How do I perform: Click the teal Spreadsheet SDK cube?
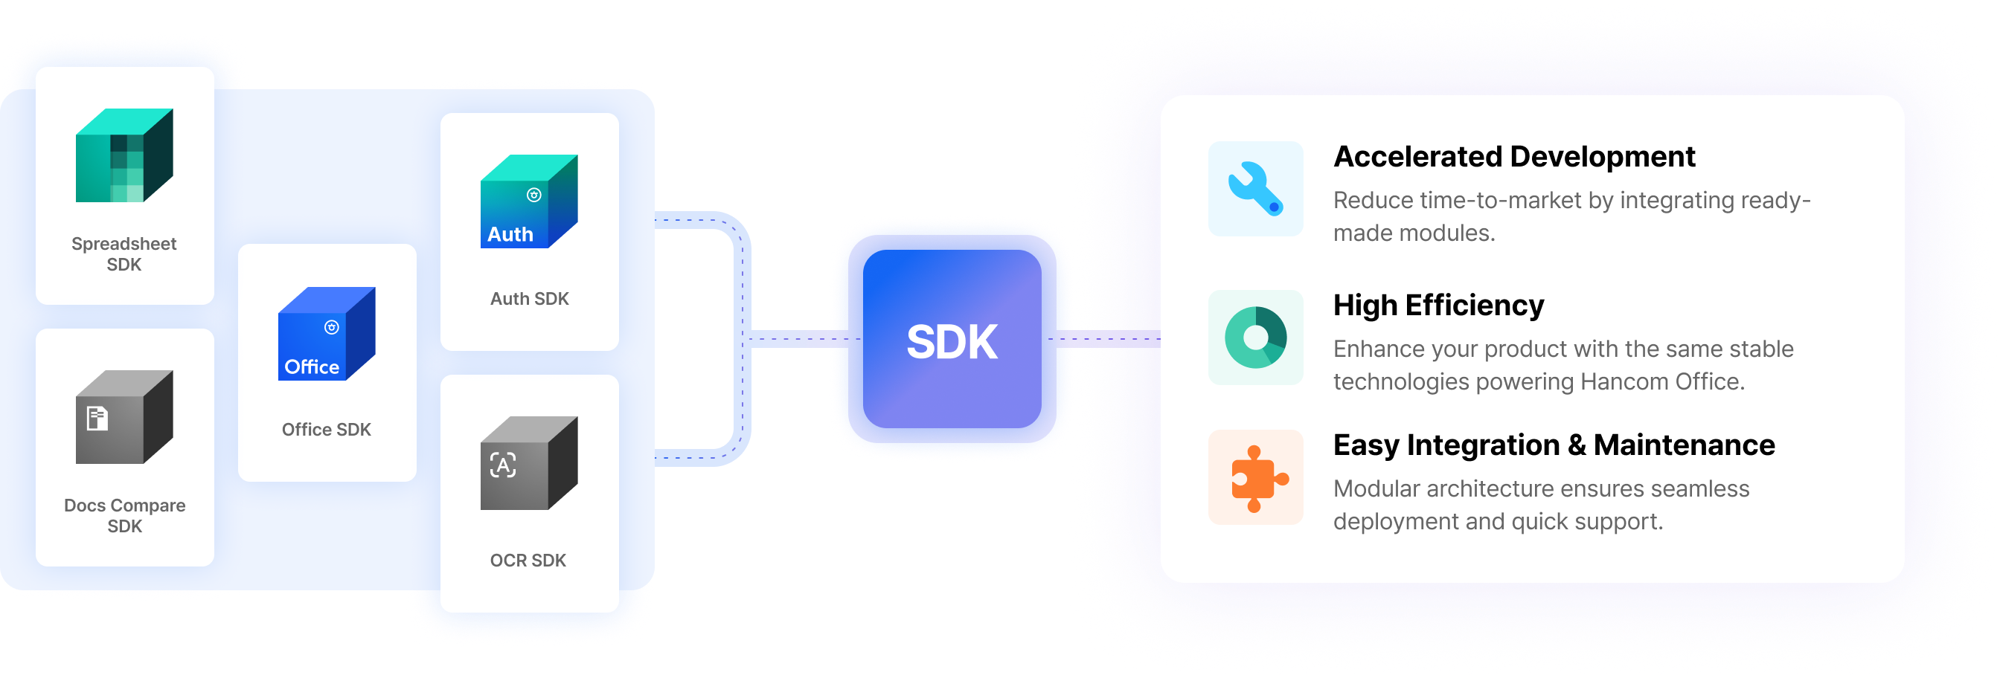124,155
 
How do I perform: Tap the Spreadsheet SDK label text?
124,254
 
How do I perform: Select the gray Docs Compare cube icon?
124,416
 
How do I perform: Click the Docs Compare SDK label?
124,515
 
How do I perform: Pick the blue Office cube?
326,334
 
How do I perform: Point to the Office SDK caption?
326,430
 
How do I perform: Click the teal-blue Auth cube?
529,201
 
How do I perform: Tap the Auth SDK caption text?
530,299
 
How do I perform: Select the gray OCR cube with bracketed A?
529,463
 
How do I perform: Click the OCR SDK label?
528,560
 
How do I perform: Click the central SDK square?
952,340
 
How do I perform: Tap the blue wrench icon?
1255,189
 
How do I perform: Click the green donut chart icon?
1255,338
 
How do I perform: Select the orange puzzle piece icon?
1255,478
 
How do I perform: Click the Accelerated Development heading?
1514,157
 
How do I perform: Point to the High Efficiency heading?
1439,306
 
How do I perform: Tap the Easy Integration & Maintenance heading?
1554,445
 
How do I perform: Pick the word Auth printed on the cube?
510,234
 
